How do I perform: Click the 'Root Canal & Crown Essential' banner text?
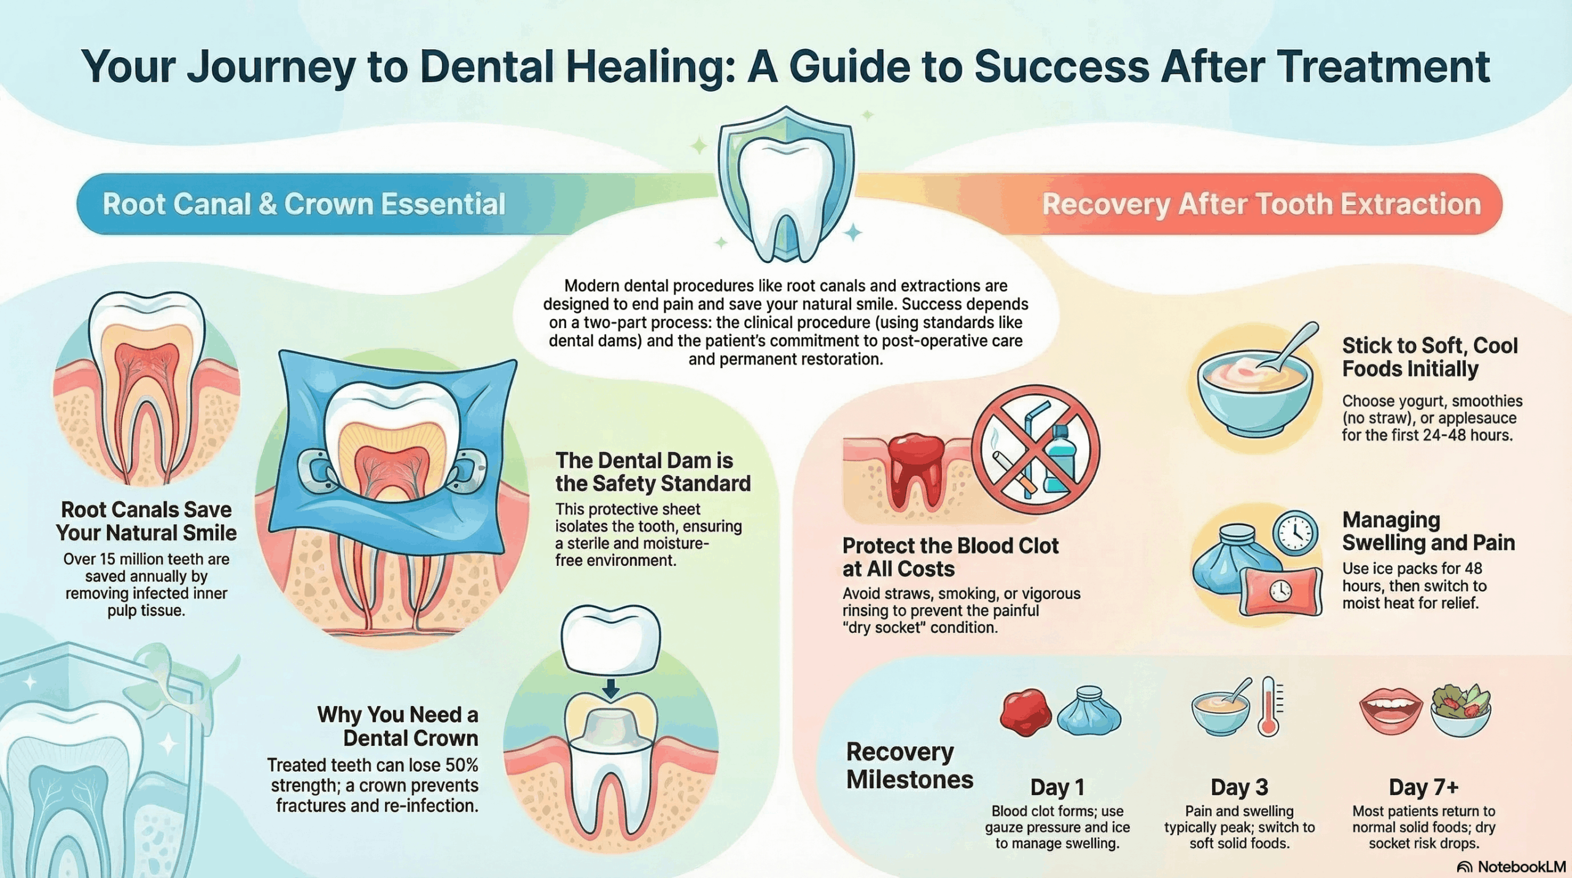point(303,204)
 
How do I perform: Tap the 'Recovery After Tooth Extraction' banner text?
point(1261,204)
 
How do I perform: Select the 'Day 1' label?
point(1057,787)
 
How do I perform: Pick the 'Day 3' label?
point(1239,787)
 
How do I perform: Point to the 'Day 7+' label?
point(1423,787)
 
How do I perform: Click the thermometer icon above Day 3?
point(1269,707)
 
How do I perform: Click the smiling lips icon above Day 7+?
point(1391,710)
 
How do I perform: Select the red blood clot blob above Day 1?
point(1025,712)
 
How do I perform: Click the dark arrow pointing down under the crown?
point(610,688)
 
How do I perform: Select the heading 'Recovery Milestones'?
point(909,766)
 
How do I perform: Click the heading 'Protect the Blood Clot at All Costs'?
point(951,557)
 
